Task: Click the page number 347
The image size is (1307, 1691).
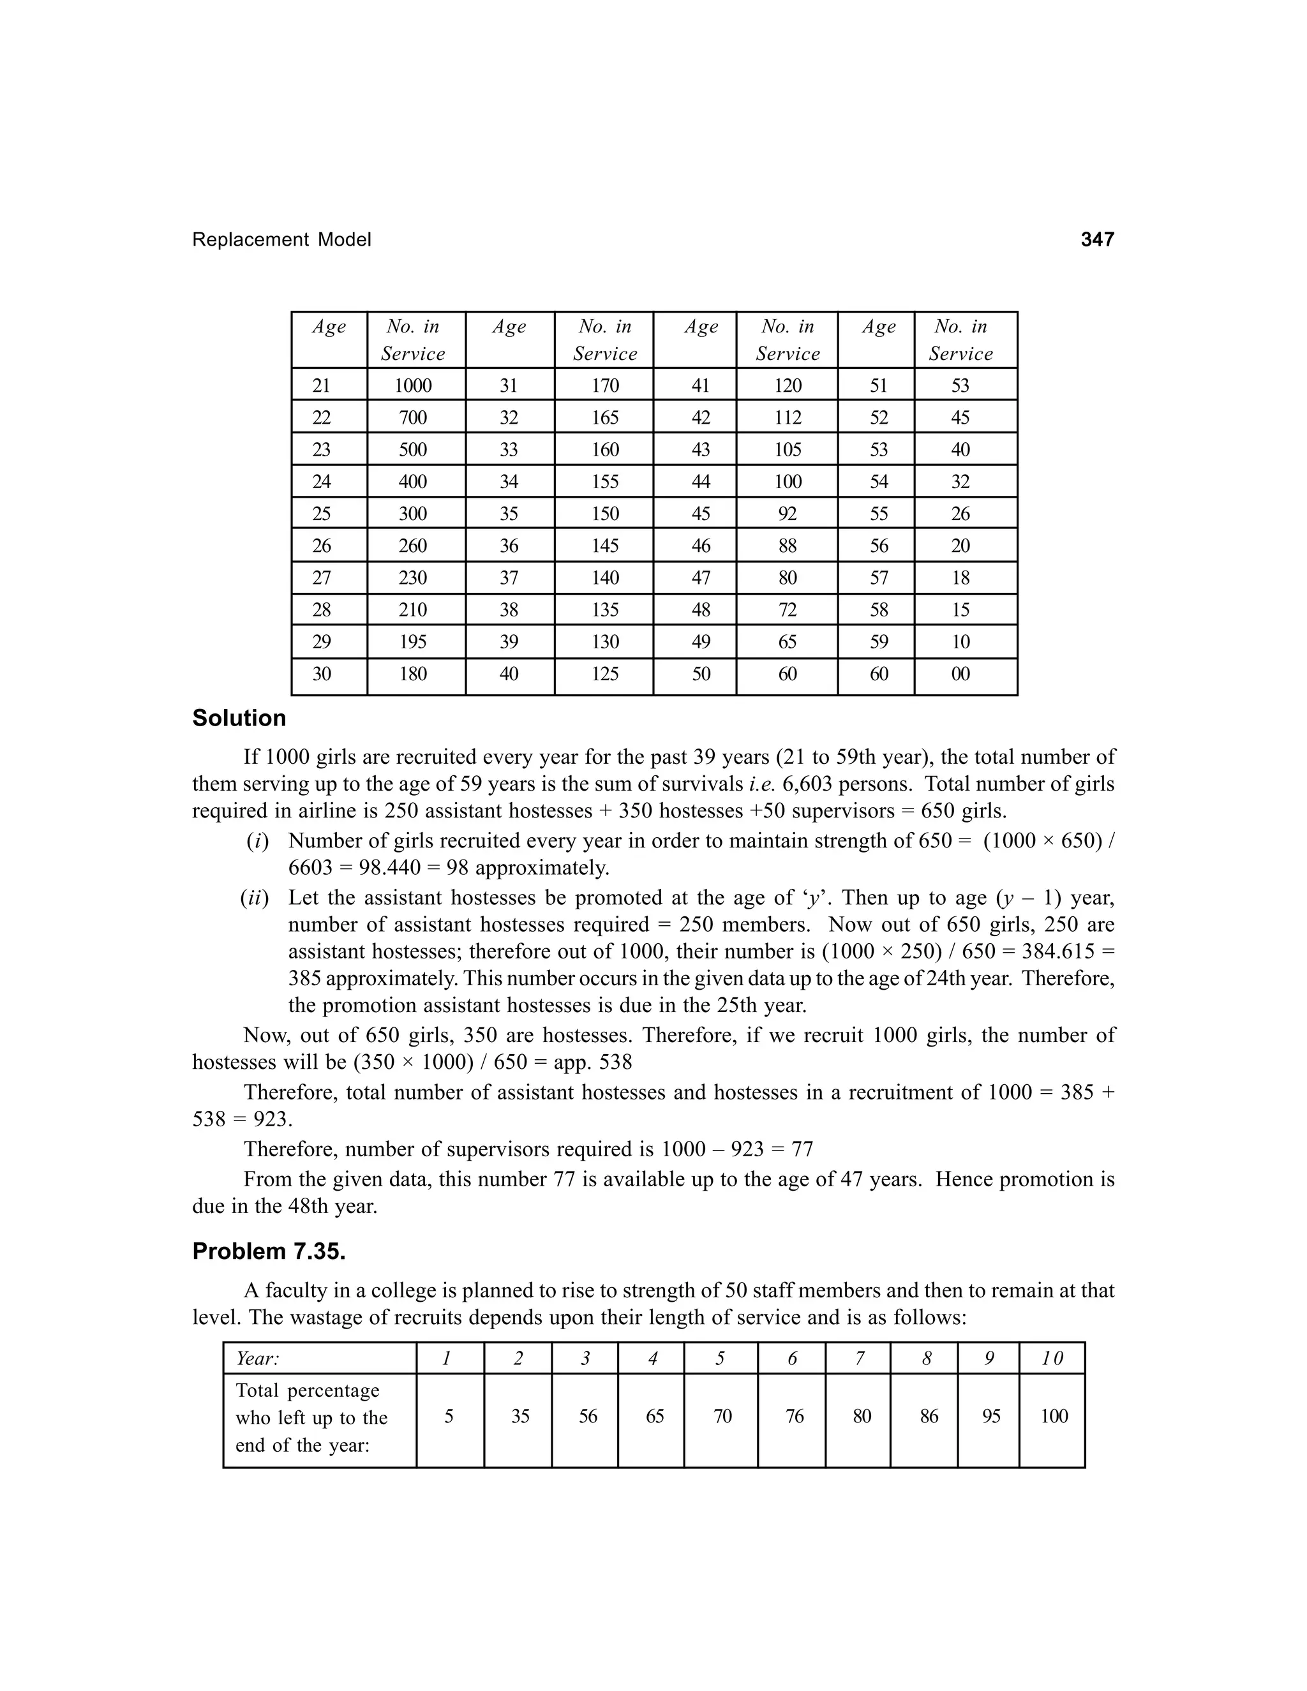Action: coord(1096,240)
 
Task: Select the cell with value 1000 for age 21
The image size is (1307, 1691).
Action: coord(413,385)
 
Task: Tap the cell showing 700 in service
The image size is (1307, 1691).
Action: coord(413,418)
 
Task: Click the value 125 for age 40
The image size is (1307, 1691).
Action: coord(605,674)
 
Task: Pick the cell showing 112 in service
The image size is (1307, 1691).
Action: coord(788,418)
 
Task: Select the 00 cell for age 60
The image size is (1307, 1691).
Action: coord(960,674)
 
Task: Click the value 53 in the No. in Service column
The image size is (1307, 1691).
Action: coord(960,385)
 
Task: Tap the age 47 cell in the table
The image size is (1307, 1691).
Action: coord(701,578)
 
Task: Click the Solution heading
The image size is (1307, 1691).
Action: coord(239,719)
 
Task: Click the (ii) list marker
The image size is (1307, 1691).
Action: coord(254,898)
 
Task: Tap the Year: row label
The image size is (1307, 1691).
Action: coord(258,1359)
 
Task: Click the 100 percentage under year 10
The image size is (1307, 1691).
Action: coord(1054,1416)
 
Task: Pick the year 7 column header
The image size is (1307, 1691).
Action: coord(860,1359)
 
